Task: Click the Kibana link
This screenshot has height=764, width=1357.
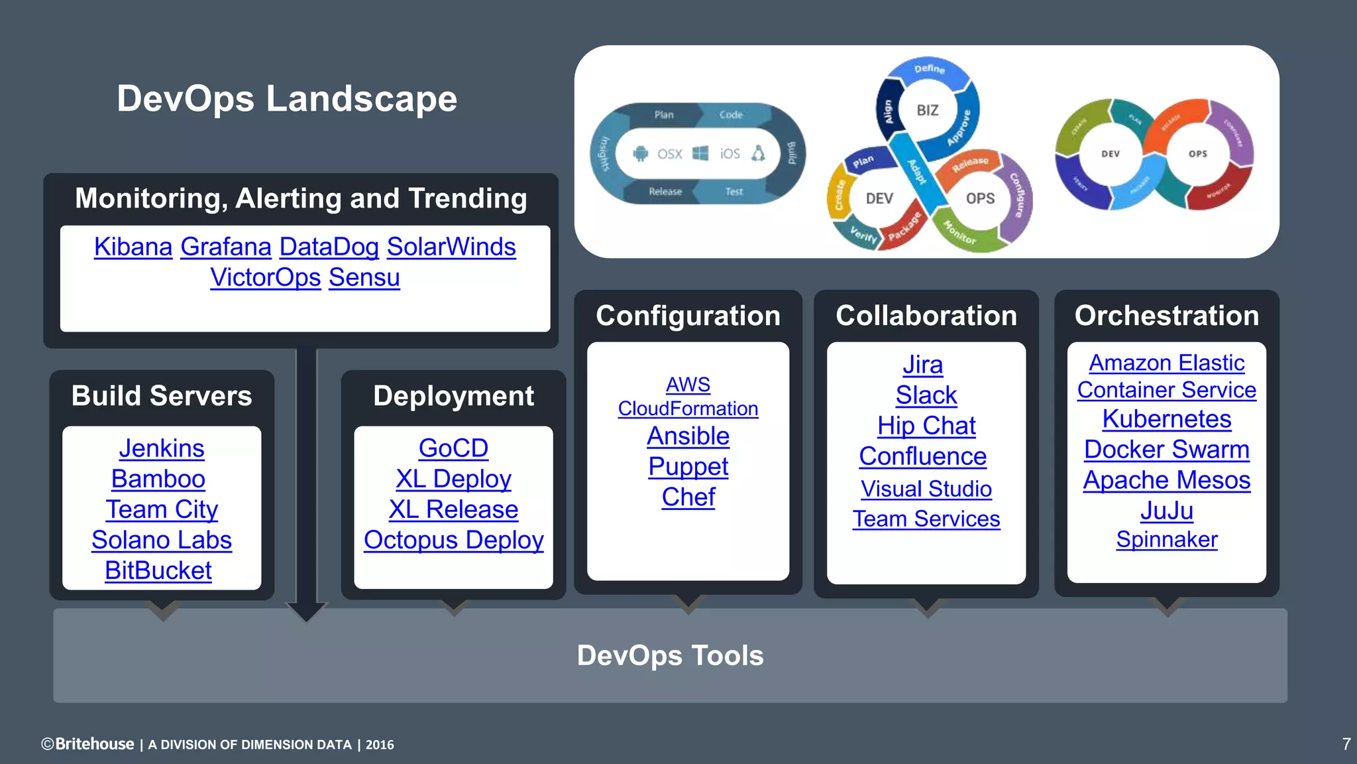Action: pyautogui.click(x=133, y=247)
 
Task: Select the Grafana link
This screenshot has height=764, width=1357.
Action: pyautogui.click(x=225, y=247)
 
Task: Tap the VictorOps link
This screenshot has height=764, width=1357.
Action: pyautogui.click(x=265, y=277)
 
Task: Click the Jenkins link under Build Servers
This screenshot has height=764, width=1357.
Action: pyautogui.click(x=162, y=448)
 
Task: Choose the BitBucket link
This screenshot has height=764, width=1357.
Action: pyautogui.click(x=158, y=570)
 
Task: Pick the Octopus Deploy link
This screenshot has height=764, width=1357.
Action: pyautogui.click(x=453, y=540)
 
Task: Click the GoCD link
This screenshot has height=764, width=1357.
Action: pyautogui.click(x=453, y=448)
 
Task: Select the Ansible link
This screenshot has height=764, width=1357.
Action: pyautogui.click(x=688, y=436)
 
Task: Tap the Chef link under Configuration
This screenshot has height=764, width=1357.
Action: pyautogui.click(x=688, y=497)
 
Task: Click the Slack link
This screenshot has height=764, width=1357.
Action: pyautogui.click(x=926, y=395)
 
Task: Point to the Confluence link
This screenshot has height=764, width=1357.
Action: pyautogui.click(x=922, y=456)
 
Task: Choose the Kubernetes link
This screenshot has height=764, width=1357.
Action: pyautogui.click(x=1166, y=419)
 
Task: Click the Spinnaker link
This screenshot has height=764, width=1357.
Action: pyautogui.click(x=1166, y=539)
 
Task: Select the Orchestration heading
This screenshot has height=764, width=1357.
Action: pyautogui.click(x=1166, y=316)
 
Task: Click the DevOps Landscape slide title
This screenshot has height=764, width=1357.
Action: pyautogui.click(x=287, y=99)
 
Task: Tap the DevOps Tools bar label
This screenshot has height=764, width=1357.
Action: pyautogui.click(x=670, y=655)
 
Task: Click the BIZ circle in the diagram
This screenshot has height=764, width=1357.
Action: pyautogui.click(x=927, y=110)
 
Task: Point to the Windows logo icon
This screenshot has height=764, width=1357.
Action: pyautogui.click(x=700, y=154)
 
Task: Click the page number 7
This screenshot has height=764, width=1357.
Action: pyautogui.click(x=1346, y=744)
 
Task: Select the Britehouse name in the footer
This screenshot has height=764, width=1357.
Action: pyautogui.click(x=94, y=744)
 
